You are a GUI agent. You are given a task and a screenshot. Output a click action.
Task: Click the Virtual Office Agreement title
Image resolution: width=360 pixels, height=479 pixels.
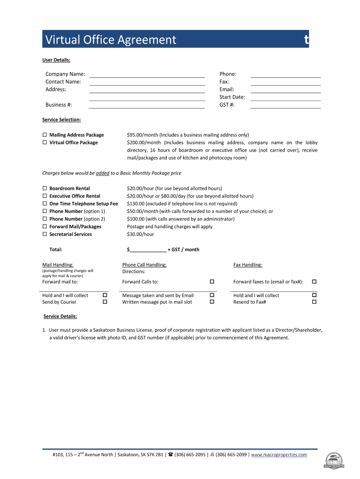coord(110,40)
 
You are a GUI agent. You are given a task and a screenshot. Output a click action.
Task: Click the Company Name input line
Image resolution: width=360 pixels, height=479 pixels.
coord(147,75)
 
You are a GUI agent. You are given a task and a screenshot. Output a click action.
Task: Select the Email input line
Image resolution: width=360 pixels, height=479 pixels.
coord(285,90)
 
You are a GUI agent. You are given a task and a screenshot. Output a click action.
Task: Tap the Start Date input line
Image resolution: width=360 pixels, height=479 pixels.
coord(285,98)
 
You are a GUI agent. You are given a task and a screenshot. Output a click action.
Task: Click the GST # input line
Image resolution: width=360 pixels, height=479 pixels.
coord(285,106)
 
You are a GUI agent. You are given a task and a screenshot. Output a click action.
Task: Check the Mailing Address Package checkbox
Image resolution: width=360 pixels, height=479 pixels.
coord(45,135)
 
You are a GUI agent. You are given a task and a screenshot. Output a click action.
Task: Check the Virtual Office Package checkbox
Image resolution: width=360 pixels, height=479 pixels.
coord(45,143)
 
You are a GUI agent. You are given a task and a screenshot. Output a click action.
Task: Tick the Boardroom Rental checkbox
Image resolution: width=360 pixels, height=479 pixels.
coord(45,189)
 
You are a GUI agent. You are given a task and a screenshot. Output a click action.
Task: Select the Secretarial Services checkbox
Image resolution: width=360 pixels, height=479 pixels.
coord(45,234)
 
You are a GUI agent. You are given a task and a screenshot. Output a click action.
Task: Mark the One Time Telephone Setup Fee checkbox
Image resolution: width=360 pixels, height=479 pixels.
coord(45,204)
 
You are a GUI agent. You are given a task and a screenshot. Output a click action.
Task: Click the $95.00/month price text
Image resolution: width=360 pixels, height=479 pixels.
coord(143,135)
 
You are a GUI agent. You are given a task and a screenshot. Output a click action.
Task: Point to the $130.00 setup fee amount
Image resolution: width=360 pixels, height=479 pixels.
coord(136,204)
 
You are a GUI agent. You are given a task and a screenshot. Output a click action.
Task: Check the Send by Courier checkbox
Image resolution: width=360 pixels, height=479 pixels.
coord(105,302)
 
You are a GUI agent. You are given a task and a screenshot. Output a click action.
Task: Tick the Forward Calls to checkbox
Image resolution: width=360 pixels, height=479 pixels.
coord(212,282)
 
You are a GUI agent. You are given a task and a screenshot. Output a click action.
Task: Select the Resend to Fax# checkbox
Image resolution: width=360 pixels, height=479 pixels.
coord(314,302)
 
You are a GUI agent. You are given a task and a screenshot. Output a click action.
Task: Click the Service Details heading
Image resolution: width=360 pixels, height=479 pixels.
coord(60,317)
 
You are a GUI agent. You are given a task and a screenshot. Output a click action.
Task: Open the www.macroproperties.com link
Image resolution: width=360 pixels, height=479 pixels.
coord(280,455)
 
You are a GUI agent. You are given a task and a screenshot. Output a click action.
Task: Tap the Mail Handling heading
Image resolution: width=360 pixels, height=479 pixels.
coord(58,265)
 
